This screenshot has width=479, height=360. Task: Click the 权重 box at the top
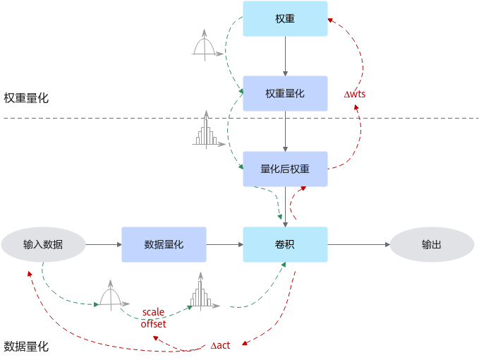coord(285,18)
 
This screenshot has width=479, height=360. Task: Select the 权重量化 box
coord(285,93)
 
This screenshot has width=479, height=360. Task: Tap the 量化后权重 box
coord(285,169)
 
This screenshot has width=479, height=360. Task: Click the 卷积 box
coord(285,244)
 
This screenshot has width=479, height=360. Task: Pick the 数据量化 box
coord(164,244)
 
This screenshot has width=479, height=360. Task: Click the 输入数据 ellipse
coord(43,244)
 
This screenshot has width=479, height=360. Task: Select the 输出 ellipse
coord(432,244)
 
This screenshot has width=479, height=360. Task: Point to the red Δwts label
coord(355,94)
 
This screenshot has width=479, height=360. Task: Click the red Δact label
coord(221,345)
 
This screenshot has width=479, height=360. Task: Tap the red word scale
coord(153,312)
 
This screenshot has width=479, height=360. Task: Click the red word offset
coord(153,324)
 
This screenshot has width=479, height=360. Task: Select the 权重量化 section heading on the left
coord(26,98)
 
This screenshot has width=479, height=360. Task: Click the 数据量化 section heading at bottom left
coord(26,347)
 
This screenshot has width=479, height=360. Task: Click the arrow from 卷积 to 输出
coord(358,244)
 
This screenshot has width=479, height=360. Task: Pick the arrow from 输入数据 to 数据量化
coord(103,244)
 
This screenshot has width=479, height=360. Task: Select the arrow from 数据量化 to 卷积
coord(224,244)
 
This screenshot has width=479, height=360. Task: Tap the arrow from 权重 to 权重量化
coord(285,56)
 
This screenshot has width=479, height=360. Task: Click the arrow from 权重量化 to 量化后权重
coord(285,131)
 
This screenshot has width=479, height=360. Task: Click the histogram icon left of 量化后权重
coord(207,131)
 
